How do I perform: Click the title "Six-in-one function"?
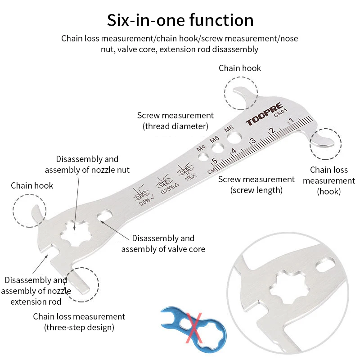coord(180,20)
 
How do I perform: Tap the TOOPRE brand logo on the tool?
coord(264,120)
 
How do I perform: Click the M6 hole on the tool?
coord(230,136)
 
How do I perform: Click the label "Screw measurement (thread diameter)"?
coord(175,121)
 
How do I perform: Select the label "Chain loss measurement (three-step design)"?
coord(79,322)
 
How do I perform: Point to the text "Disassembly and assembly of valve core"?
coord(163,243)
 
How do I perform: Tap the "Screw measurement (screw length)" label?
coord(256,184)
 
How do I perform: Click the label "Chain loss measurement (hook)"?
coord(329,180)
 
